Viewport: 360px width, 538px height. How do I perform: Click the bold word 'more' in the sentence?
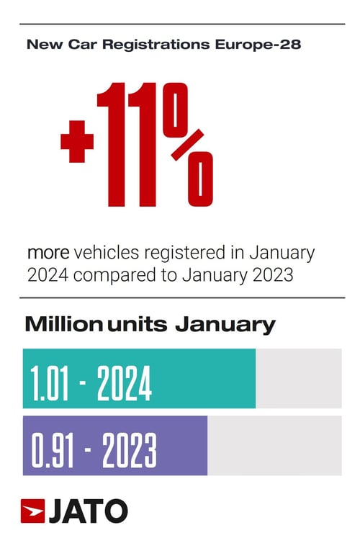[48, 254]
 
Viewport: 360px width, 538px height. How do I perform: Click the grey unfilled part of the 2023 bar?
[274, 445]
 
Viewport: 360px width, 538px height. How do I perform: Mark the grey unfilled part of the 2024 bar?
[298, 378]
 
